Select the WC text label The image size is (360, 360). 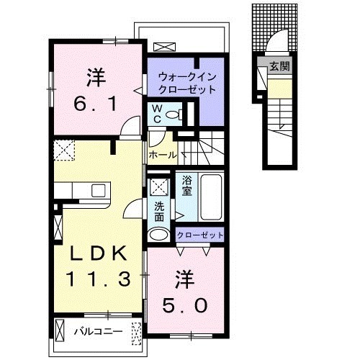pyautogui.click(x=156, y=114)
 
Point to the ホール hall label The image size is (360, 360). pyautogui.click(x=163, y=153)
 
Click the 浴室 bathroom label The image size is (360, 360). pyautogui.click(x=186, y=187)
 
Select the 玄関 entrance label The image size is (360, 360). pyautogui.click(x=279, y=67)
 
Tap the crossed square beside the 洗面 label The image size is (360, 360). pyautogui.click(x=160, y=185)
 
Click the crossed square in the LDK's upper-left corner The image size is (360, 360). pyautogui.click(x=63, y=150)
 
